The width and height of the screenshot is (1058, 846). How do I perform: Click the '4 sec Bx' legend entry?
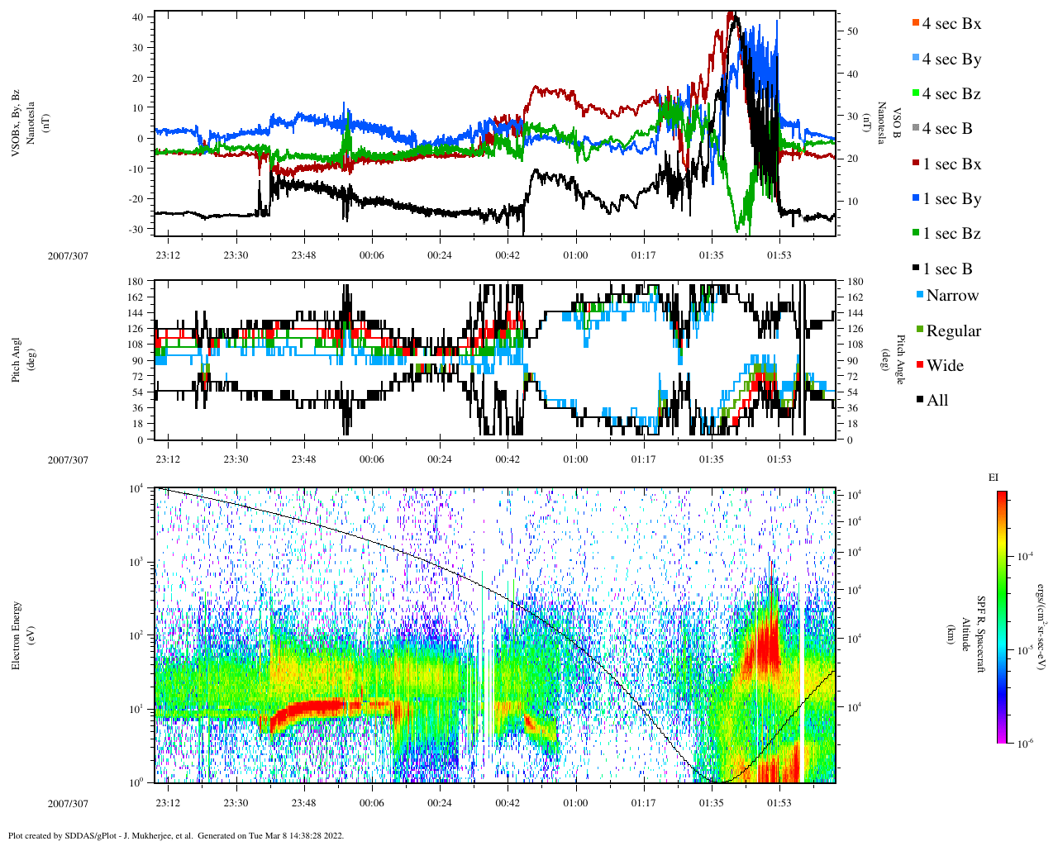951,24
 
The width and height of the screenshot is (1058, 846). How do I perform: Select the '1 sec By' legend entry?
951,199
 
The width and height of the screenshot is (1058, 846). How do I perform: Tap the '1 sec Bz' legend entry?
951,234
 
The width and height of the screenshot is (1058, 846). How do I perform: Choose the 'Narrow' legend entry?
951,296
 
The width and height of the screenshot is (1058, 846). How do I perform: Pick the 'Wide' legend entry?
945,365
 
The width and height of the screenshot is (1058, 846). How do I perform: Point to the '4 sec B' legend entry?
947,129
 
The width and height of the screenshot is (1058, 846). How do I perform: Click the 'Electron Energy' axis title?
16,634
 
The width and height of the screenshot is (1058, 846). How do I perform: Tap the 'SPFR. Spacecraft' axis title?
981,634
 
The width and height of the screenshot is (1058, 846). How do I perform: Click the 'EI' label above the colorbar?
993,478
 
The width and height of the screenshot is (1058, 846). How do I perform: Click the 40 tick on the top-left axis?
138,17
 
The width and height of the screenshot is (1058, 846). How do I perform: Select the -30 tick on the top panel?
136,229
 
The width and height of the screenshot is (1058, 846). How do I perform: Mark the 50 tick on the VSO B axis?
853,31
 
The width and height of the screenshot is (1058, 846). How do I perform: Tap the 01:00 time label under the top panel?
575,255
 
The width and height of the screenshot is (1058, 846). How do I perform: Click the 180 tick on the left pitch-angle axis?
136,282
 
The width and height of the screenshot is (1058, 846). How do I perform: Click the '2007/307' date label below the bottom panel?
68,804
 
